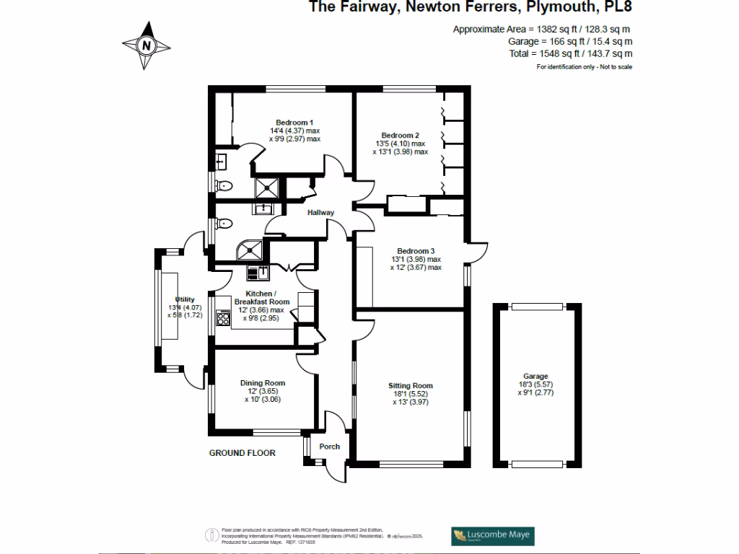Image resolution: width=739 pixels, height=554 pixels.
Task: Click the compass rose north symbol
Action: [x=147, y=45]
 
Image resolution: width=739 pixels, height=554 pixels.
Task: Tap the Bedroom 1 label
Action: [x=294, y=122]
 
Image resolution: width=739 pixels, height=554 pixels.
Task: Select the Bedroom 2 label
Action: [x=400, y=135]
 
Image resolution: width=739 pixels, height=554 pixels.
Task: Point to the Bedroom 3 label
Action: [x=415, y=250]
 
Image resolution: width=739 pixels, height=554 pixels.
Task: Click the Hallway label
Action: [x=320, y=213]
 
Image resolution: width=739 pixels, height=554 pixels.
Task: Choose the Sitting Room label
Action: [x=410, y=385]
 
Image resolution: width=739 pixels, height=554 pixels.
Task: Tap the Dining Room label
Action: [x=262, y=383]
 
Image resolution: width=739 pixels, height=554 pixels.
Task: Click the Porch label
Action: [x=329, y=447]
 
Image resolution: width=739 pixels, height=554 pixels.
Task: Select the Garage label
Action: [x=535, y=377]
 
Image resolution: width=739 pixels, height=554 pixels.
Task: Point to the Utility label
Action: [x=185, y=299]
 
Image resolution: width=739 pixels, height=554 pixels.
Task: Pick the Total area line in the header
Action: [x=580, y=53]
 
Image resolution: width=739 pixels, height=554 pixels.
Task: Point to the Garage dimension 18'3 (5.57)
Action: [x=535, y=385]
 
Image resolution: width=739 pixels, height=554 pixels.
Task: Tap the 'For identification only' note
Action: [x=584, y=67]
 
